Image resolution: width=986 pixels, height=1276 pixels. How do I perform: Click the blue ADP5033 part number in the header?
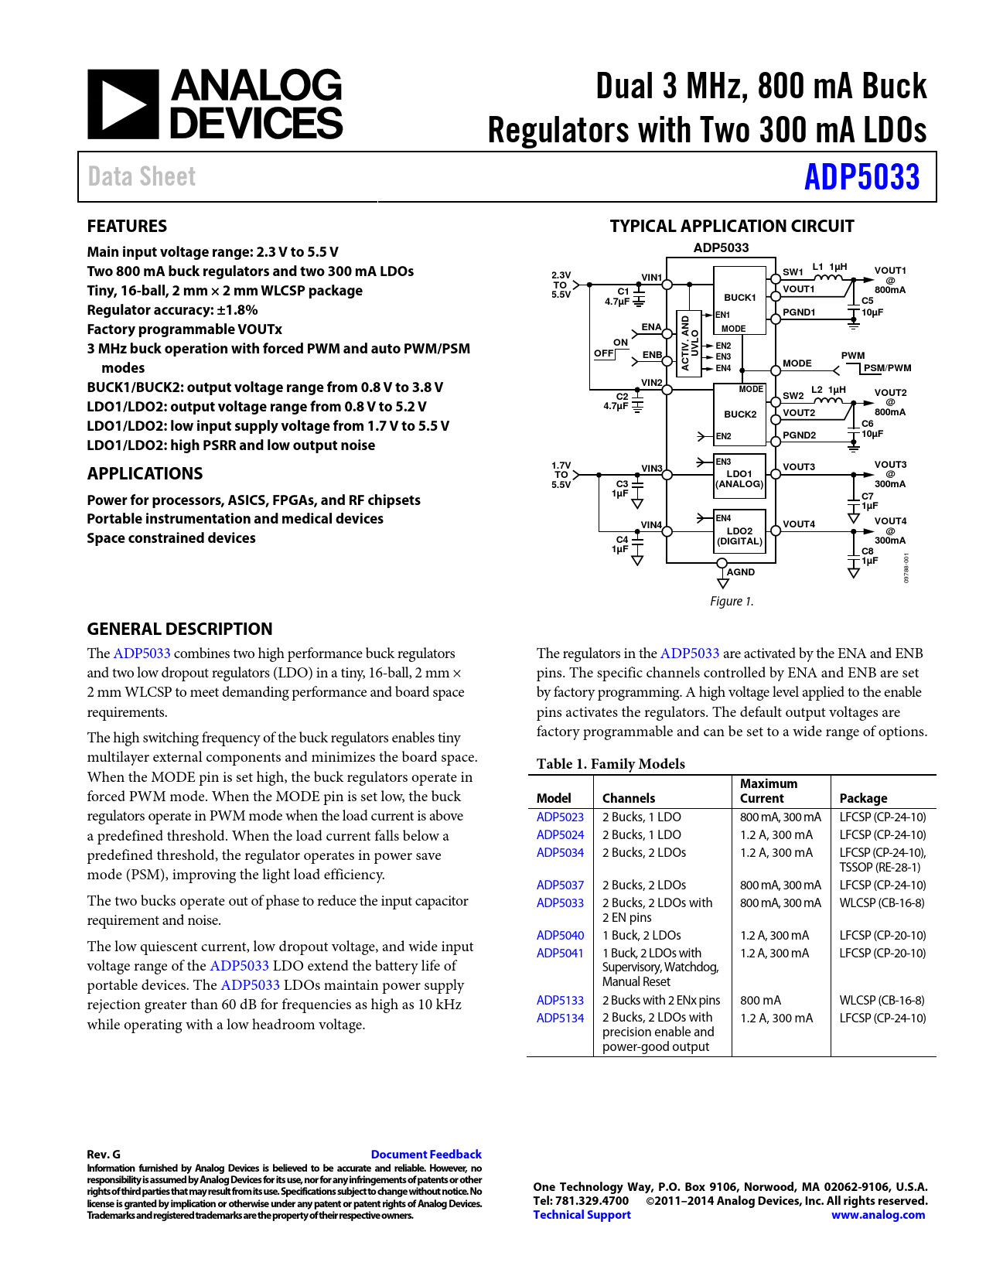(861, 177)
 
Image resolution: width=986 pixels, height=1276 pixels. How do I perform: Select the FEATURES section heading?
(127, 226)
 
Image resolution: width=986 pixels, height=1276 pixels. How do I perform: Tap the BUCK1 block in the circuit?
(739, 297)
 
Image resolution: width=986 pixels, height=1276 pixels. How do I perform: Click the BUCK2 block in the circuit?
(739, 414)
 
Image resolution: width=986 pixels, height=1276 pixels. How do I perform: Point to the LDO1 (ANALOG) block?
(739, 479)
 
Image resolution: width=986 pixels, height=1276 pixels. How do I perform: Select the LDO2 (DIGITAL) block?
(739, 535)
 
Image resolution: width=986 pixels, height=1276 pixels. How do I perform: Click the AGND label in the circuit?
(740, 572)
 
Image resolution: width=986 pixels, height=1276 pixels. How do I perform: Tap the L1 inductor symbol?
(828, 277)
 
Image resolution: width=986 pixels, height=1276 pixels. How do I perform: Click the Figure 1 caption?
(732, 601)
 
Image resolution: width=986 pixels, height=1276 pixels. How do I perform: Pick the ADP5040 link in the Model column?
(560, 935)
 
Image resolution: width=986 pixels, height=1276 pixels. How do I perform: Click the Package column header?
(863, 798)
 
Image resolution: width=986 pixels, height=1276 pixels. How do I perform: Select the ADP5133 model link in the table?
(560, 1000)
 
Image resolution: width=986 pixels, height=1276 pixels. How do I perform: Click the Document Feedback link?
(426, 1154)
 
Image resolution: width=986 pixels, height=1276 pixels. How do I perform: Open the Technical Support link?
(582, 1214)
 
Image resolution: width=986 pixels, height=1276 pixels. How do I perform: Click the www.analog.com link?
(878, 1214)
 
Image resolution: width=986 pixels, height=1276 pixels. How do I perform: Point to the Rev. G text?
(104, 1154)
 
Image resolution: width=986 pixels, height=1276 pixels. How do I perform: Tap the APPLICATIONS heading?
(145, 473)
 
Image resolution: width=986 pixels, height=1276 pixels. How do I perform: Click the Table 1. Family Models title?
(610, 763)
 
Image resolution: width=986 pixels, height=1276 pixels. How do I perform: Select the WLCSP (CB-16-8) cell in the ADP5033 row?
(882, 902)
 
